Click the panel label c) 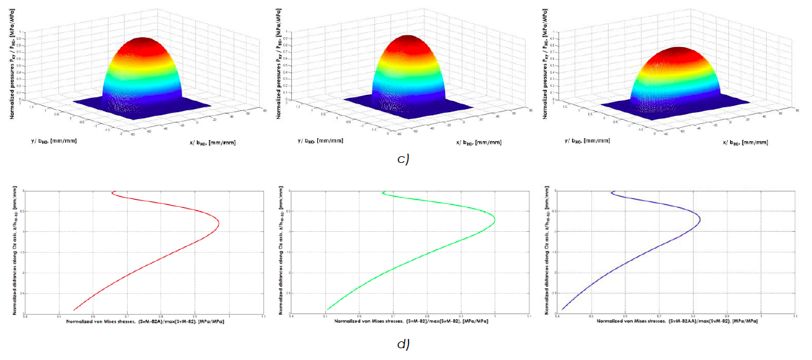click(403, 160)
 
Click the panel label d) click(403, 343)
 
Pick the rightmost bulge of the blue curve click(700, 219)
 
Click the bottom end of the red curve click(74, 310)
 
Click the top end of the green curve click(384, 193)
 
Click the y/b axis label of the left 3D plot click(55, 140)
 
